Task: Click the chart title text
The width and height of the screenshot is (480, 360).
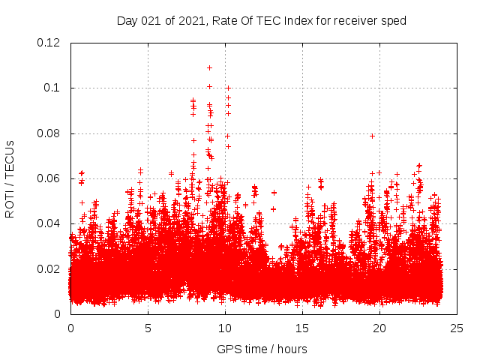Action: pos(261,21)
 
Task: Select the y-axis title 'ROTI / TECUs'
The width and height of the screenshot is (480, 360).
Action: pos(10,178)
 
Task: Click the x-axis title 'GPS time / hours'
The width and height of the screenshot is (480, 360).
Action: pos(262,349)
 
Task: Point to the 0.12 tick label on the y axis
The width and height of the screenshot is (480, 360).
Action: pos(49,43)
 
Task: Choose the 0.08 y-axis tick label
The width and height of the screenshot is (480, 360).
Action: pos(49,133)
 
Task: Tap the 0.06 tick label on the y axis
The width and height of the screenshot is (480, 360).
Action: pos(49,178)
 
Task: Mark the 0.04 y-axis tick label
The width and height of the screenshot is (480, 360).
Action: pos(49,223)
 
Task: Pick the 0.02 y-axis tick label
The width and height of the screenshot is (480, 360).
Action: pos(49,269)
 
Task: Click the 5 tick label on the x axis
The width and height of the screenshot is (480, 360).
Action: pos(148,328)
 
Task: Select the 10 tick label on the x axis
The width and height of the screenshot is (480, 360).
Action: pos(225,328)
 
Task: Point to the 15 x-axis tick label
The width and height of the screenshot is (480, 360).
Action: pos(302,328)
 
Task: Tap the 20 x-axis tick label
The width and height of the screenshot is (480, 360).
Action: pos(379,328)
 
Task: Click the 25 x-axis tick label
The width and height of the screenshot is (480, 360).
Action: pos(457,328)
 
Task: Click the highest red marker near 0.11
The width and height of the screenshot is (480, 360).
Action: pos(209,67)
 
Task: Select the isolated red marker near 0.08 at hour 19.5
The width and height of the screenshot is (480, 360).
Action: pos(372,136)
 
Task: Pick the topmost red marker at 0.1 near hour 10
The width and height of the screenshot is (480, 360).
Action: pos(228,88)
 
